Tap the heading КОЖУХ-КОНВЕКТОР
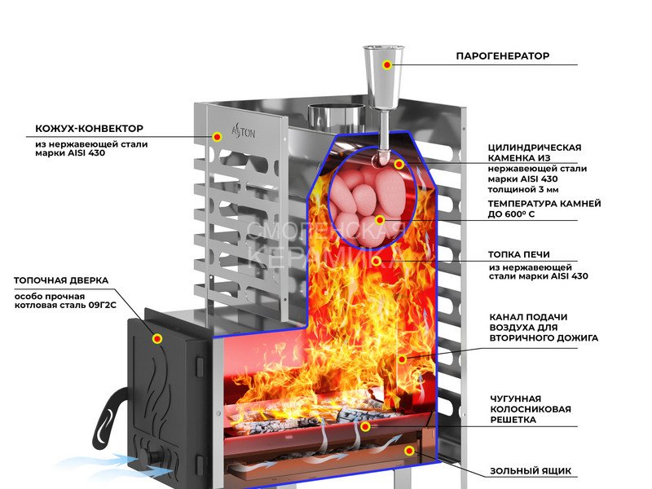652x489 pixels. [x=89, y=129]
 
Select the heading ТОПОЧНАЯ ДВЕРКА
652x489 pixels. [x=60, y=280]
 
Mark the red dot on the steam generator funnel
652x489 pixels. [x=388, y=64]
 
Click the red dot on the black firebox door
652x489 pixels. [x=157, y=338]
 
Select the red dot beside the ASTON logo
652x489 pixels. [x=217, y=136]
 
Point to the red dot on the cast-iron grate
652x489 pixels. [x=365, y=425]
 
